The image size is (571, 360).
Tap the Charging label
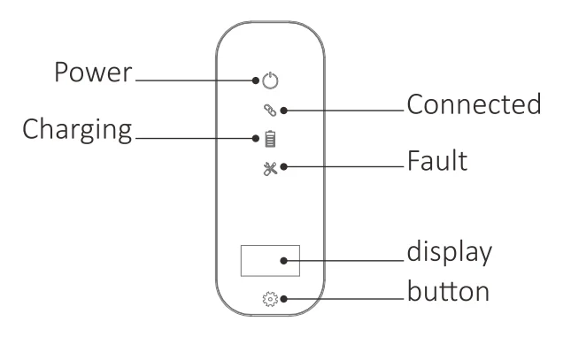76,130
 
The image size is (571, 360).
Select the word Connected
473,104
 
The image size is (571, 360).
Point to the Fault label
436,162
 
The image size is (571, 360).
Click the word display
448,253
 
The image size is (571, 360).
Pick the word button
448,290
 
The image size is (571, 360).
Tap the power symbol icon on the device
271,81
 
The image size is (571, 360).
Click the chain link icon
271,110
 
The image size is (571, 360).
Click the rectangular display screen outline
270,260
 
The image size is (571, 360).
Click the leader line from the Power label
195,80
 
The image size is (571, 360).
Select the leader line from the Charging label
195,138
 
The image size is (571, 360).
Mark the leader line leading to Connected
345,111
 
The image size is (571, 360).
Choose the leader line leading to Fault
345,167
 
